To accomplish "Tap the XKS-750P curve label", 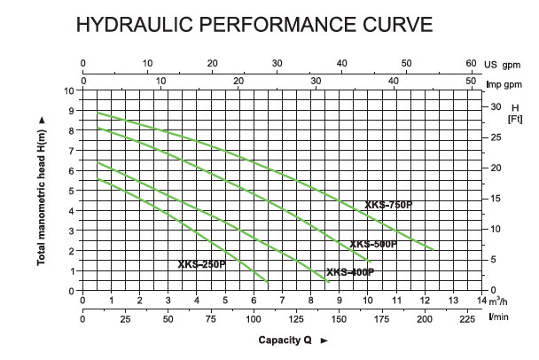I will pyautogui.click(x=388, y=205).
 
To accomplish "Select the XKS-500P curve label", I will pyautogui.click(x=372, y=244).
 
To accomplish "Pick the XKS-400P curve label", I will pyautogui.click(x=349, y=272).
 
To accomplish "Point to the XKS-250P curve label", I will pyautogui.click(x=200, y=263).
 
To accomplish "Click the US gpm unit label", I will pyautogui.click(x=504, y=64).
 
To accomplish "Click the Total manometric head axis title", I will pyautogui.click(x=41, y=191).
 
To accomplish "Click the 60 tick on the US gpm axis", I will pyautogui.click(x=471, y=64).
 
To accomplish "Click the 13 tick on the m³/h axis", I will pyautogui.click(x=453, y=299).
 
